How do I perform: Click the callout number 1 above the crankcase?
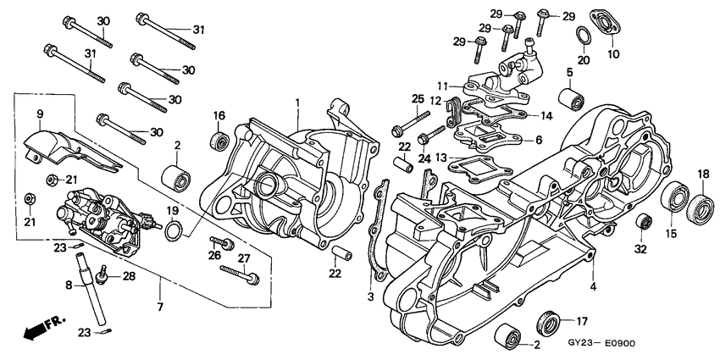[297, 102]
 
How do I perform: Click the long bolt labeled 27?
[239, 273]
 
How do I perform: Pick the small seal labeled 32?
[643, 222]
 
